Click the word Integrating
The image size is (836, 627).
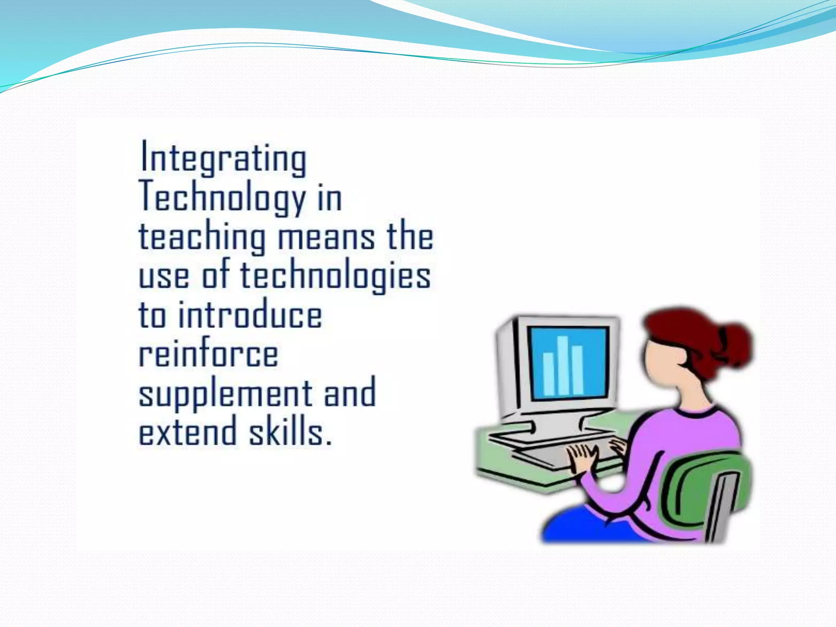pos(223,159)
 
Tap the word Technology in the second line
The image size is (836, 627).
pos(222,198)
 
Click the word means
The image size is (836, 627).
pos(326,238)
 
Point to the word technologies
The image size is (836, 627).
pos(335,276)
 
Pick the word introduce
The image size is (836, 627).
pos(250,315)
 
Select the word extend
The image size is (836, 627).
pos(188,431)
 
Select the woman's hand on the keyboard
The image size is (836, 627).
pos(582,459)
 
